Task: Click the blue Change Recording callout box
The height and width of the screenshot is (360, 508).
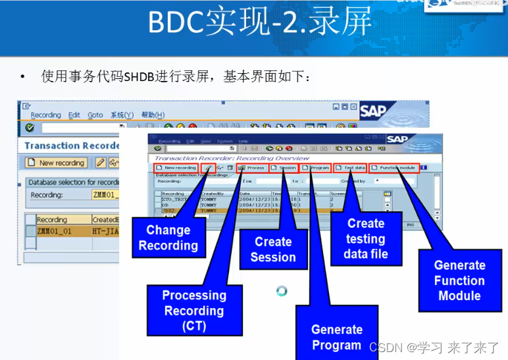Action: coord(168,238)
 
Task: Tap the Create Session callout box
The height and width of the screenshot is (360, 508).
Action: coord(273,249)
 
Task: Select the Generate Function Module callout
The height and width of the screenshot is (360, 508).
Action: coord(459,280)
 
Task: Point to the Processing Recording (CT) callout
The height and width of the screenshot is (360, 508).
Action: coord(194,310)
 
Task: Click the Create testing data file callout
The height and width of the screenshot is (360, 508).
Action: coord(366,238)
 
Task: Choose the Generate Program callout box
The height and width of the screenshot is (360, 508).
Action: coord(336,337)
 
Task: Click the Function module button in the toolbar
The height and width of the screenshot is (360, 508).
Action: coord(394,168)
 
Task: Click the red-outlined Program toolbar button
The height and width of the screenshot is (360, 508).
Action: coord(317,168)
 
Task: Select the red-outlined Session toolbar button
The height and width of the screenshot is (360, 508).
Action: coord(284,168)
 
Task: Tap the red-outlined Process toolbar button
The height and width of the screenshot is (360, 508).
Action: coord(251,168)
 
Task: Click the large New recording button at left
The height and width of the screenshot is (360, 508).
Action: coord(56,163)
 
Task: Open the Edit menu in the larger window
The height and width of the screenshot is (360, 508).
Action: coord(74,115)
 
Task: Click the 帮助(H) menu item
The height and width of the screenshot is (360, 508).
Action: coord(153,115)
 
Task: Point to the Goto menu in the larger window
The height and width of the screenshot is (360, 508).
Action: coord(95,115)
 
